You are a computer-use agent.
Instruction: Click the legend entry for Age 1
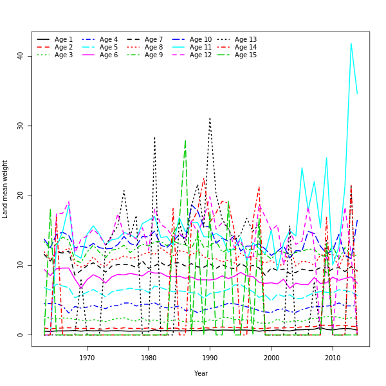coord(64,40)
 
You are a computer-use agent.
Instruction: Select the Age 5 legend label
coord(109,48)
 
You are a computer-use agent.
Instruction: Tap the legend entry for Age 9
coord(154,55)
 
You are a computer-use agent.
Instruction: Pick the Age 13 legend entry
coord(246,40)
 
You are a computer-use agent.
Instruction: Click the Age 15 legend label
coord(246,55)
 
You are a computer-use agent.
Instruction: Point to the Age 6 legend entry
coord(109,55)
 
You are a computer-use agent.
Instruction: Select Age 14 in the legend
coord(246,48)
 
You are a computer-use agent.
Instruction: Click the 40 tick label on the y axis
coord(20,56)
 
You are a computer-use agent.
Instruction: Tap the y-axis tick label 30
coord(20,125)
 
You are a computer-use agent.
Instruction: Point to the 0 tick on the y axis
coord(20,335)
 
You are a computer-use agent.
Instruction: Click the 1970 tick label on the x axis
coord(87,358)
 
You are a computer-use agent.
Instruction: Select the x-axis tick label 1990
coord(210,358)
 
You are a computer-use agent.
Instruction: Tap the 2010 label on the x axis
coord(333,358)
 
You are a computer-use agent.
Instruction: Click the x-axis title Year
coord(201,373)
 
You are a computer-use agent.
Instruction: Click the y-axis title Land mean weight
coord(6,189)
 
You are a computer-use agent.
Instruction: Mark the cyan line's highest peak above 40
coord(351,43)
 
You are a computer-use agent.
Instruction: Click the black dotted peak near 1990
coord(210,117)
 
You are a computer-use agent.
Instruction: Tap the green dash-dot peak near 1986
coord(185,140)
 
